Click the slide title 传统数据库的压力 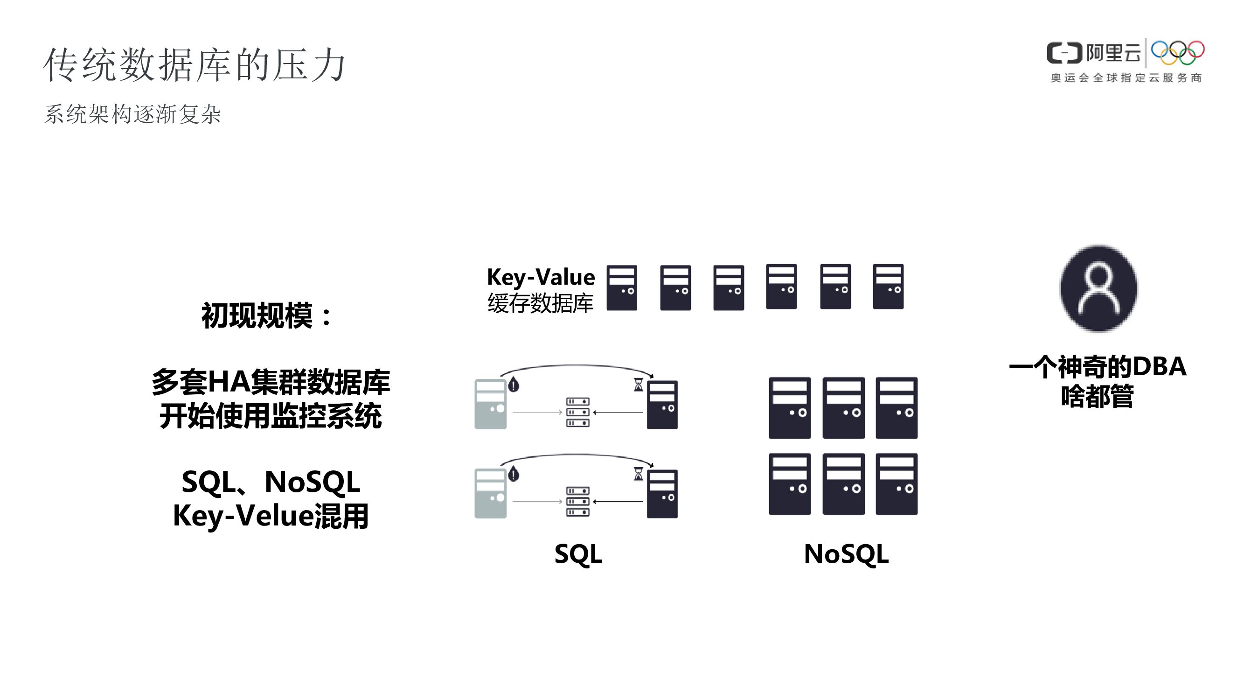(x=195, y=65)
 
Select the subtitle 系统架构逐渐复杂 (x=132, y=114)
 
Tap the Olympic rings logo (x=1177, y=53)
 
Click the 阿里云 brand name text (x=1113, y=53)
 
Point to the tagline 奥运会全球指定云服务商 (x=1126, y=78)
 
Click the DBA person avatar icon (x=1098, y=288)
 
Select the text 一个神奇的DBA (x=1097, y=366)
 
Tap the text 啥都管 (x=1097, y=397)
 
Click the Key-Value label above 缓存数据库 (x=541, y=277)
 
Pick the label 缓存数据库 (x=541, y=303)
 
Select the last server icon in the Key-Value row (x=888, y=287)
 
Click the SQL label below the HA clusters (x=578, y=553)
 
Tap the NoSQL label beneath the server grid (x=846, y=553)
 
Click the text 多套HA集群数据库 (x=271, y=382)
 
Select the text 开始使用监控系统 (x=271, y=416)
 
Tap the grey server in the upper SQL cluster (x=490, y=404)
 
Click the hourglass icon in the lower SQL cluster (x=639, y=474)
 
